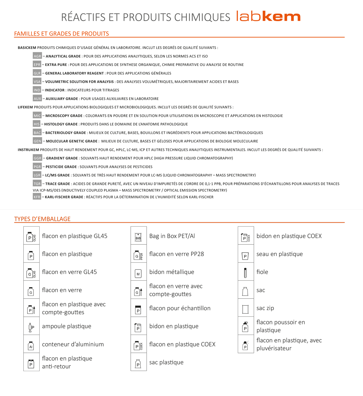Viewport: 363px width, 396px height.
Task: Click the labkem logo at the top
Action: (268, 16)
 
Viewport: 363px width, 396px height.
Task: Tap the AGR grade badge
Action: (37, 56)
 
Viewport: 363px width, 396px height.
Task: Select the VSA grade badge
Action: (37, 81)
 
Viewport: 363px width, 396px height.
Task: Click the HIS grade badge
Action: (37, 124)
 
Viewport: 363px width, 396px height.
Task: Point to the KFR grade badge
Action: (37, 197)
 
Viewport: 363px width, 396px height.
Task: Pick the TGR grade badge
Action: (37, 184)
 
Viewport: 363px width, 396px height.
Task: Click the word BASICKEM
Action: (27, 48)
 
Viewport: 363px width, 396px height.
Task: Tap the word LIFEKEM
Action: (25, 107)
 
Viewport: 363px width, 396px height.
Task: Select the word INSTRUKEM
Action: (28, 150)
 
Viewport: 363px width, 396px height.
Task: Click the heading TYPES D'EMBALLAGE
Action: (42, 219)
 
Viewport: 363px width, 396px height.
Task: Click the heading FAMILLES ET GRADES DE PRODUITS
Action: (61, 34)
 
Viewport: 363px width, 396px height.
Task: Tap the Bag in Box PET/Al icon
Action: (138, 236)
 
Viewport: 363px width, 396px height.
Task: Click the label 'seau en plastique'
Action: (280, 254)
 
